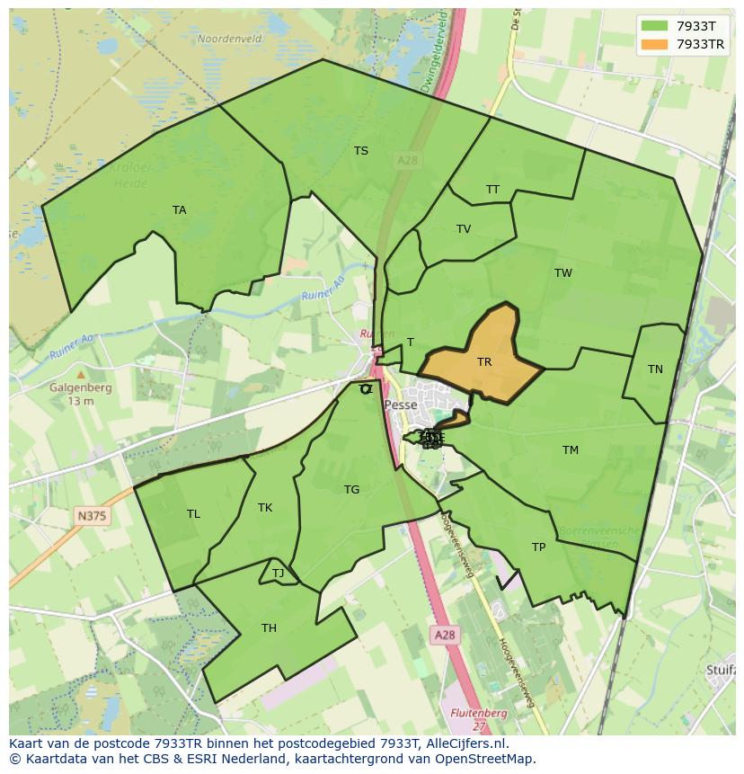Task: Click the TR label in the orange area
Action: click(484, 362)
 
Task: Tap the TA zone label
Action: click(180, 210)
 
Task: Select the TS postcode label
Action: click(361, 151)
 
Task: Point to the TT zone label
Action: click(492, 190)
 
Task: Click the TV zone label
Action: click(464, 229)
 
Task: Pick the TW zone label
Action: click(563, 273)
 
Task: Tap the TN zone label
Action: click(655, 369)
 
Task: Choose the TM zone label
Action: click(571, 450)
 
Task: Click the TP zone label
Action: click(538, 547)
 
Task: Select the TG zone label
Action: click(351, 490)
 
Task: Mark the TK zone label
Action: click(265, 508)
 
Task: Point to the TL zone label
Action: click(193, 514)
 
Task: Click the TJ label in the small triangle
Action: click(278, 574)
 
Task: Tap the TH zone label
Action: click(269, 628)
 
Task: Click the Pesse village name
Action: click(400, 405)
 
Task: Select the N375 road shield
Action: click(91, 515)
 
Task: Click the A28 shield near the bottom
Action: click(445, 635)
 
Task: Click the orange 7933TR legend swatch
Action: click(655, 44)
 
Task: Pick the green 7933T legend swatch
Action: click(655, 26)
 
